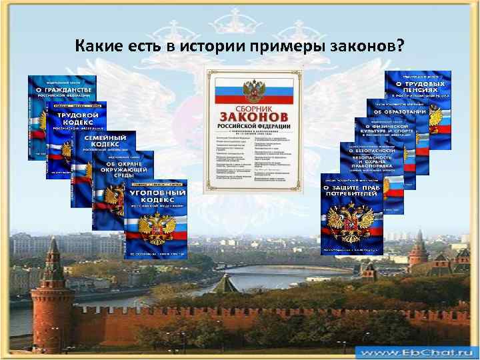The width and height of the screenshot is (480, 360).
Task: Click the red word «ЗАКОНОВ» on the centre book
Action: (x=253, y=117)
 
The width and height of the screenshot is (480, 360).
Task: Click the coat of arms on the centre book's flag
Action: (x=253, y=88)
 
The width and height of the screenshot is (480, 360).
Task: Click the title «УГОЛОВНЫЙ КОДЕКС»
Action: (x=155, y=197)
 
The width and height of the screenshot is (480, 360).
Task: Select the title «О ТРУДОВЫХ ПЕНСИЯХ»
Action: (x=421, y=87)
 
